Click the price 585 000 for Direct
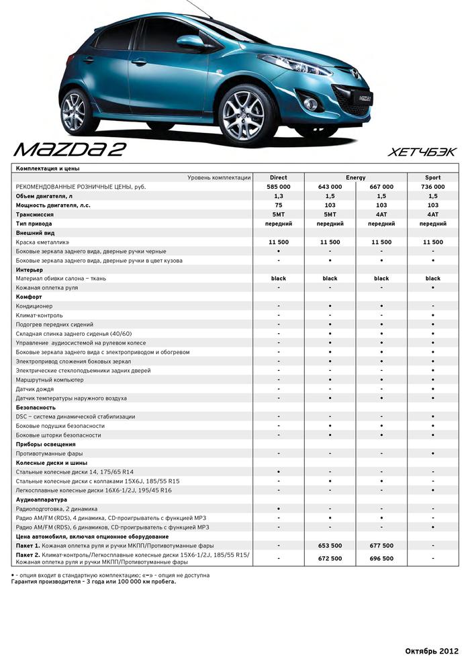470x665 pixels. tap(278, 186)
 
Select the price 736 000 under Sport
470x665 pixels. tap(432, 186)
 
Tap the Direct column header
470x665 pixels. tap(278, 177)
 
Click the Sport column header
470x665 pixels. tap(432, 177)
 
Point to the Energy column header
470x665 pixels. tap(356, 177)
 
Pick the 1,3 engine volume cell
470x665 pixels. tap(278, 195)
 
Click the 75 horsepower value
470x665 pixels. tap(278, 205)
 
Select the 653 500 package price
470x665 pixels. tap(330, 545)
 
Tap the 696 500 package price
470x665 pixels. tap(381, 558)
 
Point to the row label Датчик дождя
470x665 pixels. tap(35, 389)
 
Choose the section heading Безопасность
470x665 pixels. tap(35, 407)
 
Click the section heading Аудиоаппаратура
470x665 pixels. tap(41, 500)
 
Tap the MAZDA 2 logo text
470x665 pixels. tap(70, 148)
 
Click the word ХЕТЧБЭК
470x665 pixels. tap(422, 152)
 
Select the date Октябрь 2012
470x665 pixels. tap(432, 651)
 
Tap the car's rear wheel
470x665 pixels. tap(80, 112)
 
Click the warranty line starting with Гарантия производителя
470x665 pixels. tap(94, 582)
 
